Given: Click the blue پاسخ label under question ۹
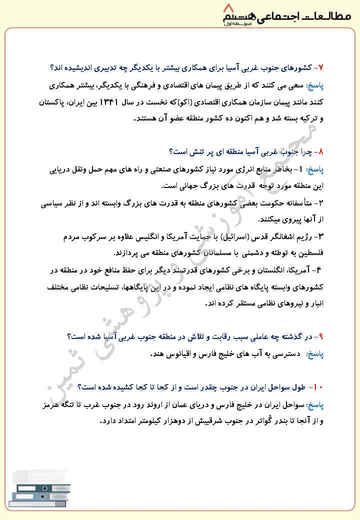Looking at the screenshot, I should (x=315, y=354).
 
